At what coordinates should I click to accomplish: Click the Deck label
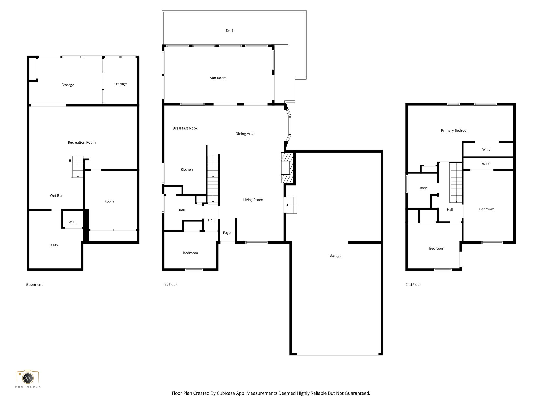click(229, 31)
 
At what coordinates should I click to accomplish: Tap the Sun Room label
click(218, 78)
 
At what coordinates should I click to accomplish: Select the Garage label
click(335, 256)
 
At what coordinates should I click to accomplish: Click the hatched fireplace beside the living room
click(287, 168)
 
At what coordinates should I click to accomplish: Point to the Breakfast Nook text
click(185, 128)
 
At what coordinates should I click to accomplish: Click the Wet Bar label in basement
click(56, 196)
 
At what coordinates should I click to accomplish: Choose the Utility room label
click(53, 245)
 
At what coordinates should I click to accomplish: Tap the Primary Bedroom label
click(455, 131)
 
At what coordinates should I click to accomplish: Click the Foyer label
click(227, 233)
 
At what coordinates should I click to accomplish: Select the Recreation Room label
click(82, 143)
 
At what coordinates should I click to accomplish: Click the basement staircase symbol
click(77, 167)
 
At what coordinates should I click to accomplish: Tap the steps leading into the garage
click(291, 205)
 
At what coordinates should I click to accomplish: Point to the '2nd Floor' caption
click(413, 285)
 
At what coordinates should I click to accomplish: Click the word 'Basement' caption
click(34, 285)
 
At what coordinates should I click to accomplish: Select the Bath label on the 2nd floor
click(423, 188)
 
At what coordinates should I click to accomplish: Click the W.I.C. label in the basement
click(73, 222)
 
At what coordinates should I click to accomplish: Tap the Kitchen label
click(187, 170)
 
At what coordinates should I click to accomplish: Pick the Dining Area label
click(245, 134)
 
